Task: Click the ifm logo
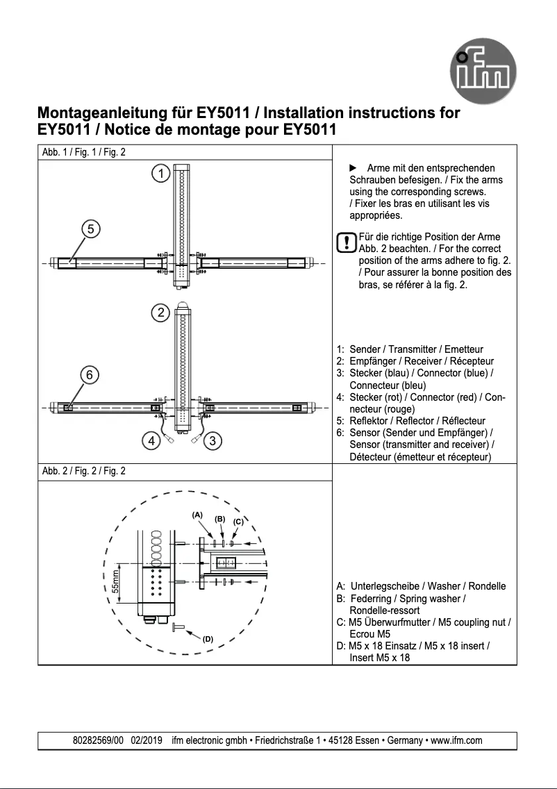(486, 72)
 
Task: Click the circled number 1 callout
(161, 174)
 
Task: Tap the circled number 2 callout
(161, 313)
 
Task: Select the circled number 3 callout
(214, 440)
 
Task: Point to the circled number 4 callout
(150, 440)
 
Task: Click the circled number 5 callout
(91, 228)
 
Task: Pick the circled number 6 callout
(90, 374)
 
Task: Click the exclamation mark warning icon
(345, 243)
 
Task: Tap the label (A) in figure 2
(197, 515)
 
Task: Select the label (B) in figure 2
(219, 519)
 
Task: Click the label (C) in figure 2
(238, 521)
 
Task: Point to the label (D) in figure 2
(207, 639)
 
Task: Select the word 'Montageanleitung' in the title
(97, 113)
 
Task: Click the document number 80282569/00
(98, 740)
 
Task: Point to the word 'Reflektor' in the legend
(369, 421)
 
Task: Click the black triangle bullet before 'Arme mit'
(352, 168)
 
